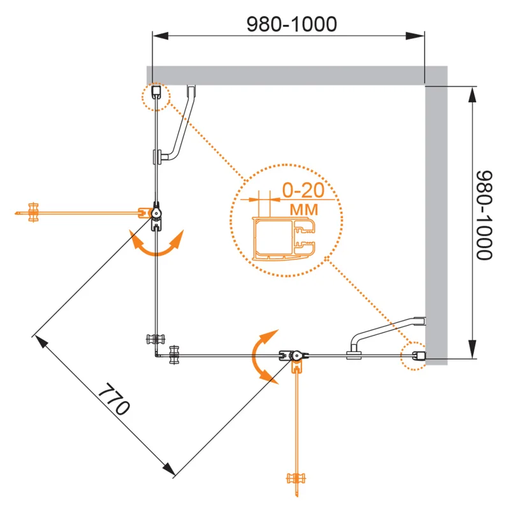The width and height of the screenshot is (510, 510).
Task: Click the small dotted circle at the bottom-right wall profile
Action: coord(414,354)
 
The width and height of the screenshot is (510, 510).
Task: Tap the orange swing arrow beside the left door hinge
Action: coord(156,245)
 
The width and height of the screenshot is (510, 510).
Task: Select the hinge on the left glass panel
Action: coord(156,213)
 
